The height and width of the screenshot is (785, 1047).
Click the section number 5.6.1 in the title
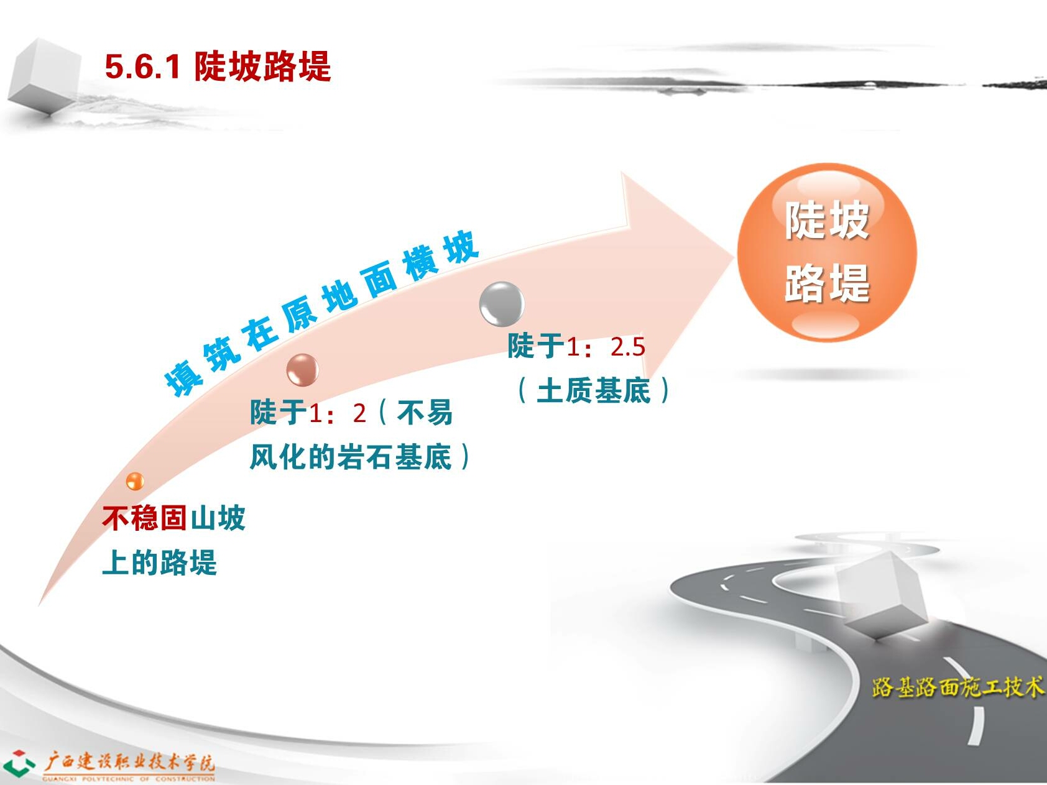(x=142, y=67)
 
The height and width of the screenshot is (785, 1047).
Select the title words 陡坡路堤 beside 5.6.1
(x=262, y=66)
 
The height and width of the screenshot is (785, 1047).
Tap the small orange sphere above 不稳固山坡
(x=135, y=481)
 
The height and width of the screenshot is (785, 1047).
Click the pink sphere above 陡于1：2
(x=303, y=370)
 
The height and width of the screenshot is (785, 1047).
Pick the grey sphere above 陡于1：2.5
(x=502, y=304)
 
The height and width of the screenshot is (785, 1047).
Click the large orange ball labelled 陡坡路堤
(x=827, y=253)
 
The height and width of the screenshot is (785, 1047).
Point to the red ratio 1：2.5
(x=606, y=347)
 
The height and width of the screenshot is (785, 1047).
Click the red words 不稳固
(x=145, y=518)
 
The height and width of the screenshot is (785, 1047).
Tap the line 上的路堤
(x=159, y=563)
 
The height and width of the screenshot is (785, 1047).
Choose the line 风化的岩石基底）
(x=361, y=457)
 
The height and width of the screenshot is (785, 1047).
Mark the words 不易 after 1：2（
(x=424, y=413)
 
